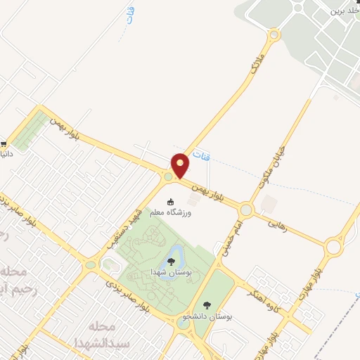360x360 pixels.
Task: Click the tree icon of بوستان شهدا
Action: click(171, 262)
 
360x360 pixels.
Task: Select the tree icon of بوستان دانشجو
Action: click(206, 305)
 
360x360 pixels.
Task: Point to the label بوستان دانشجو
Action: click(207, 316)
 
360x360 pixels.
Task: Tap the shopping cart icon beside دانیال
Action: click(4, 141)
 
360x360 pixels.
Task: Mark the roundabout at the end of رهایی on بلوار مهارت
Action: click(333, 246)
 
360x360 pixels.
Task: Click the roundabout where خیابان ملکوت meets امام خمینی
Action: click(246, 210)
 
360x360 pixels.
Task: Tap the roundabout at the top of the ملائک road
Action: click(274, 34)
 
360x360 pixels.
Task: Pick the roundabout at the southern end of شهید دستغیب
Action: click(90, 265)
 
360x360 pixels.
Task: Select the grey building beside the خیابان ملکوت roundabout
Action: click(268, 205)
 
